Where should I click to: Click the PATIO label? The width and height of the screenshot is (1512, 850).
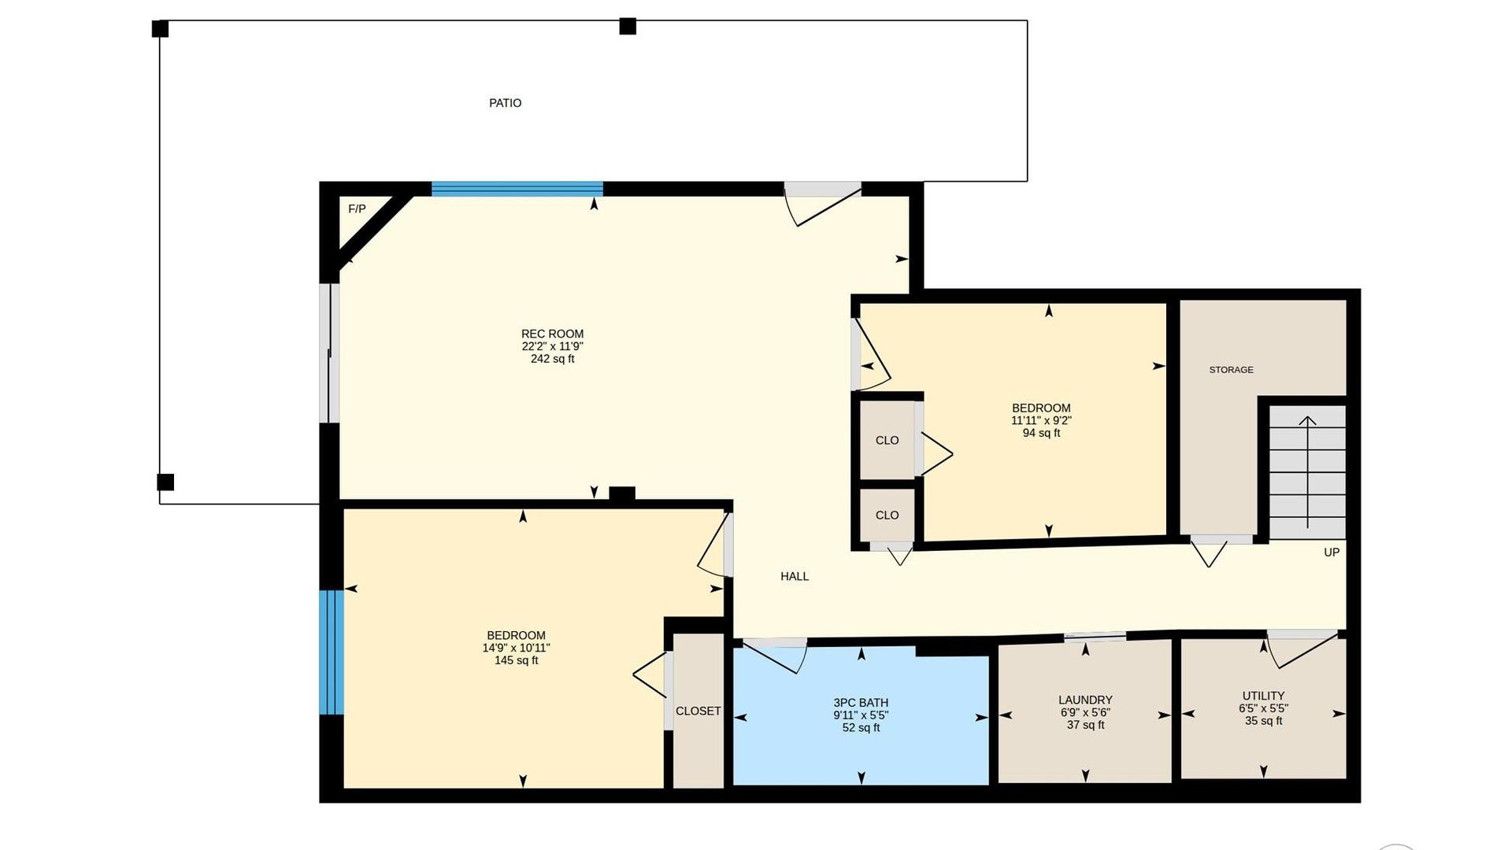(505, 103)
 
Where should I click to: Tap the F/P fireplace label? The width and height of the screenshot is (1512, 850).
(357, 209)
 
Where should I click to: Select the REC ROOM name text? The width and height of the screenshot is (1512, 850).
(552, 334)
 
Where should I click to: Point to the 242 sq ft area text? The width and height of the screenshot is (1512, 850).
(552, 359)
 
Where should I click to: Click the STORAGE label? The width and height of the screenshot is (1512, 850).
(1231, 370)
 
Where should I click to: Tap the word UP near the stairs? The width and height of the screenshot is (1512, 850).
(1332, 552)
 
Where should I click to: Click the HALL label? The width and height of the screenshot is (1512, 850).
(795, 577)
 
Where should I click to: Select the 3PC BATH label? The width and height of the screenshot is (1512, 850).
(861, 703)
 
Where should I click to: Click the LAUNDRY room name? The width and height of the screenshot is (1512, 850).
(1085, 700)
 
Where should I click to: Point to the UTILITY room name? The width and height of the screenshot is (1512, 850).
(1263, 696)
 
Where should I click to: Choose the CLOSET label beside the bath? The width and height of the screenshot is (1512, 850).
(698, 711)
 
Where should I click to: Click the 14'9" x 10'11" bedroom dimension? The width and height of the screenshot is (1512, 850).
(516, 648)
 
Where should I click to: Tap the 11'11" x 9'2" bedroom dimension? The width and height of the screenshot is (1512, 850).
(1041, 420)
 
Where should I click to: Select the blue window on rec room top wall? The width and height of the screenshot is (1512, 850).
(517, 189)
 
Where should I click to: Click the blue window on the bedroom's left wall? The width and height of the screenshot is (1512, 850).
(332, 652)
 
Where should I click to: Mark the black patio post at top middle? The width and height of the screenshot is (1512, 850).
(628, 27)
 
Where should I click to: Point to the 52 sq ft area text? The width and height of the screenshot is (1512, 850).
(861, 728)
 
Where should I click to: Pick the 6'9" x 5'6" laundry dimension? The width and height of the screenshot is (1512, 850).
(1085, 712)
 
